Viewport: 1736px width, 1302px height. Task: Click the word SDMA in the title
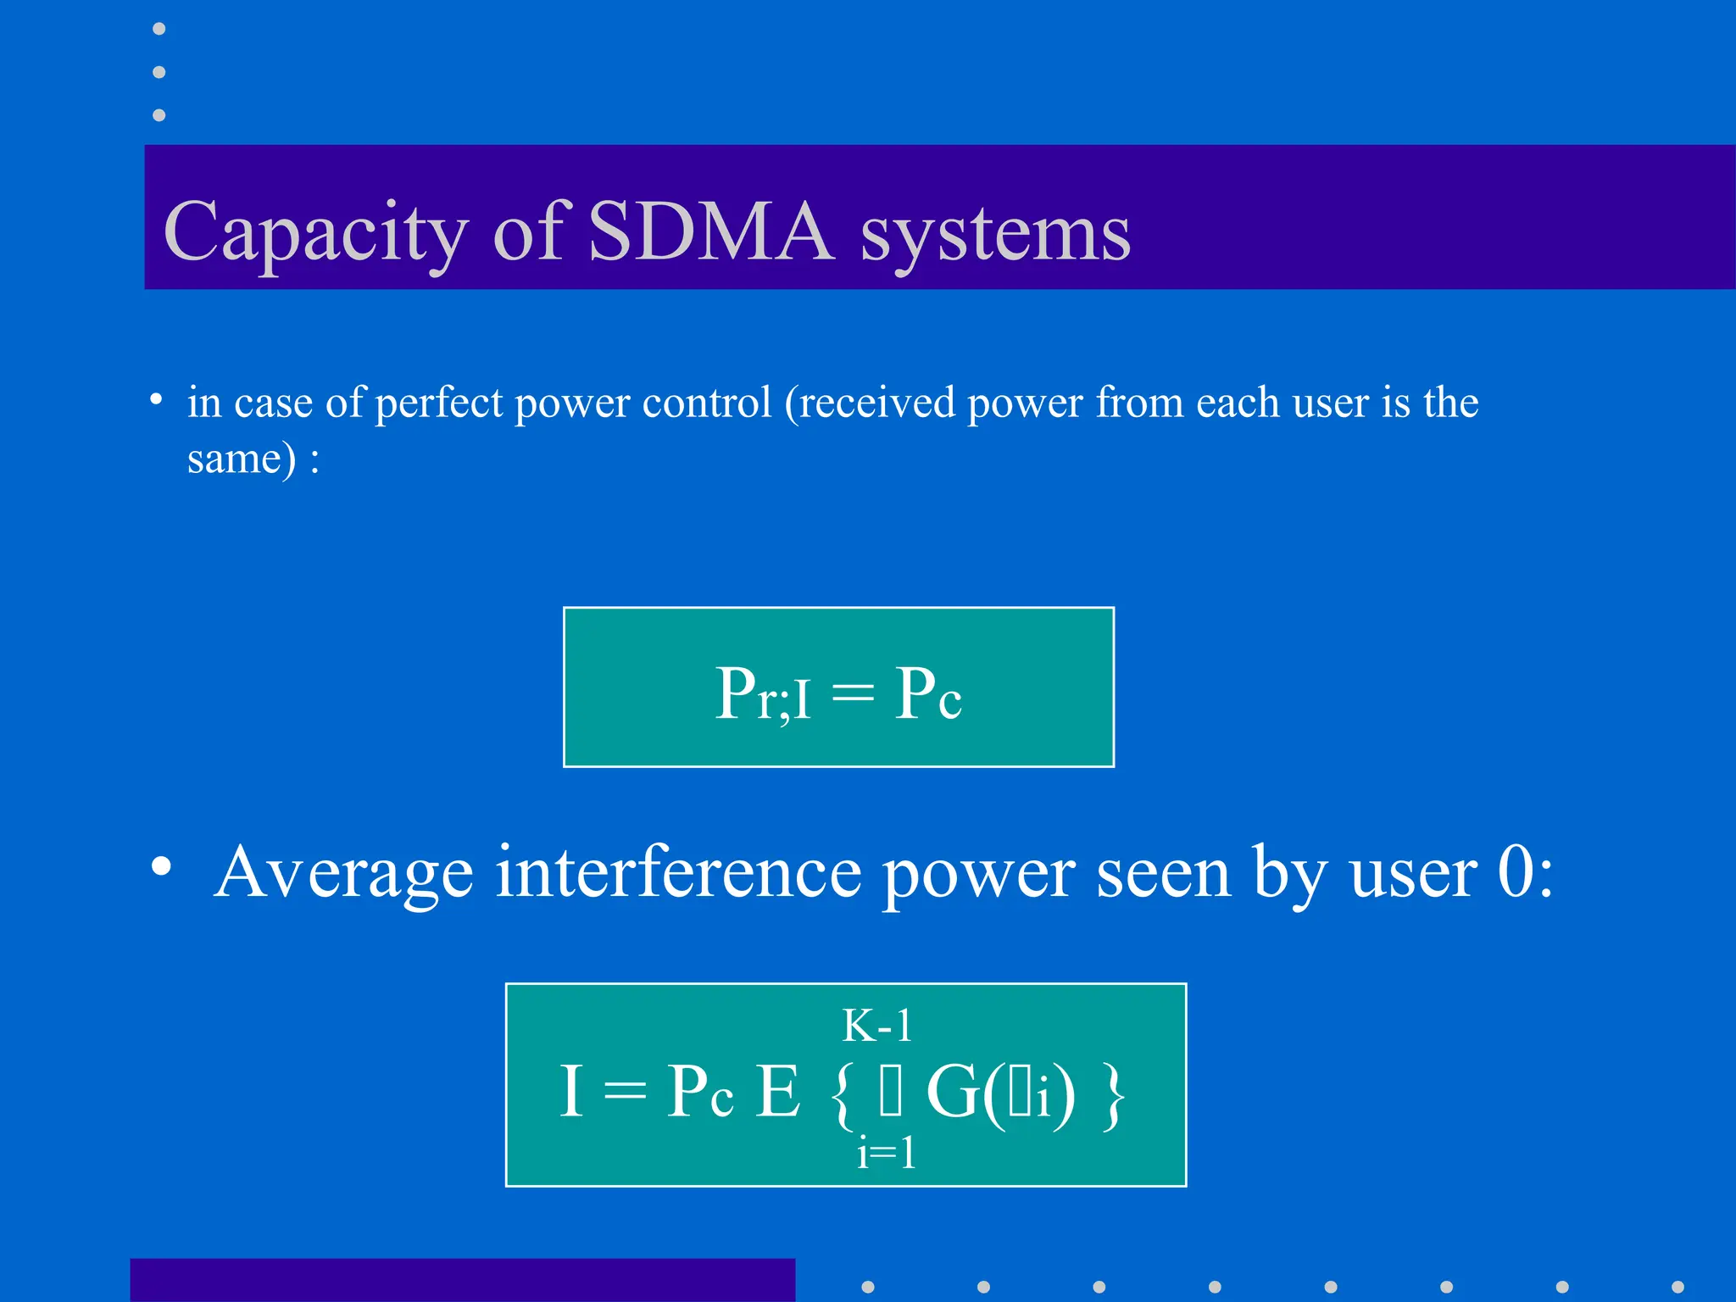(710, 231)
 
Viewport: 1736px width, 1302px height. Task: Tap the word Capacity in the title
(315, 232)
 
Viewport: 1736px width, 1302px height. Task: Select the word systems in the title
(995, 234)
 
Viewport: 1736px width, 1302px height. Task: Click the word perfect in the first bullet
(438, 403)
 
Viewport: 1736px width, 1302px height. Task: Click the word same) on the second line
(242, 459)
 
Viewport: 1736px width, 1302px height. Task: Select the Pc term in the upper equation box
(927, 694)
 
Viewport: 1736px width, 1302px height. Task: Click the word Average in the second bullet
(343, 873)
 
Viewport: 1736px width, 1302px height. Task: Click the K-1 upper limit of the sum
(876, 1027)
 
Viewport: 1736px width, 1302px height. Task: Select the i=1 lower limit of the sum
(886, 1153)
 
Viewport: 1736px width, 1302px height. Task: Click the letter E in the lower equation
(777, 1092)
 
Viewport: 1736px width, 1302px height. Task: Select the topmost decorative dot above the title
(159, 29)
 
